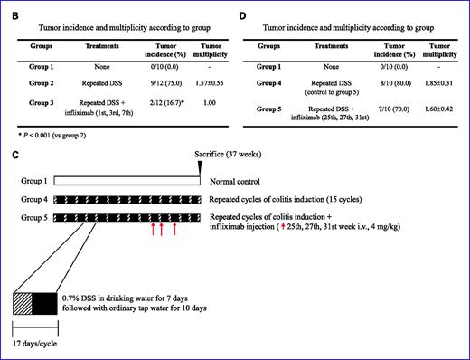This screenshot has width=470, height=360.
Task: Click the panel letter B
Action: [x=14, y=10]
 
